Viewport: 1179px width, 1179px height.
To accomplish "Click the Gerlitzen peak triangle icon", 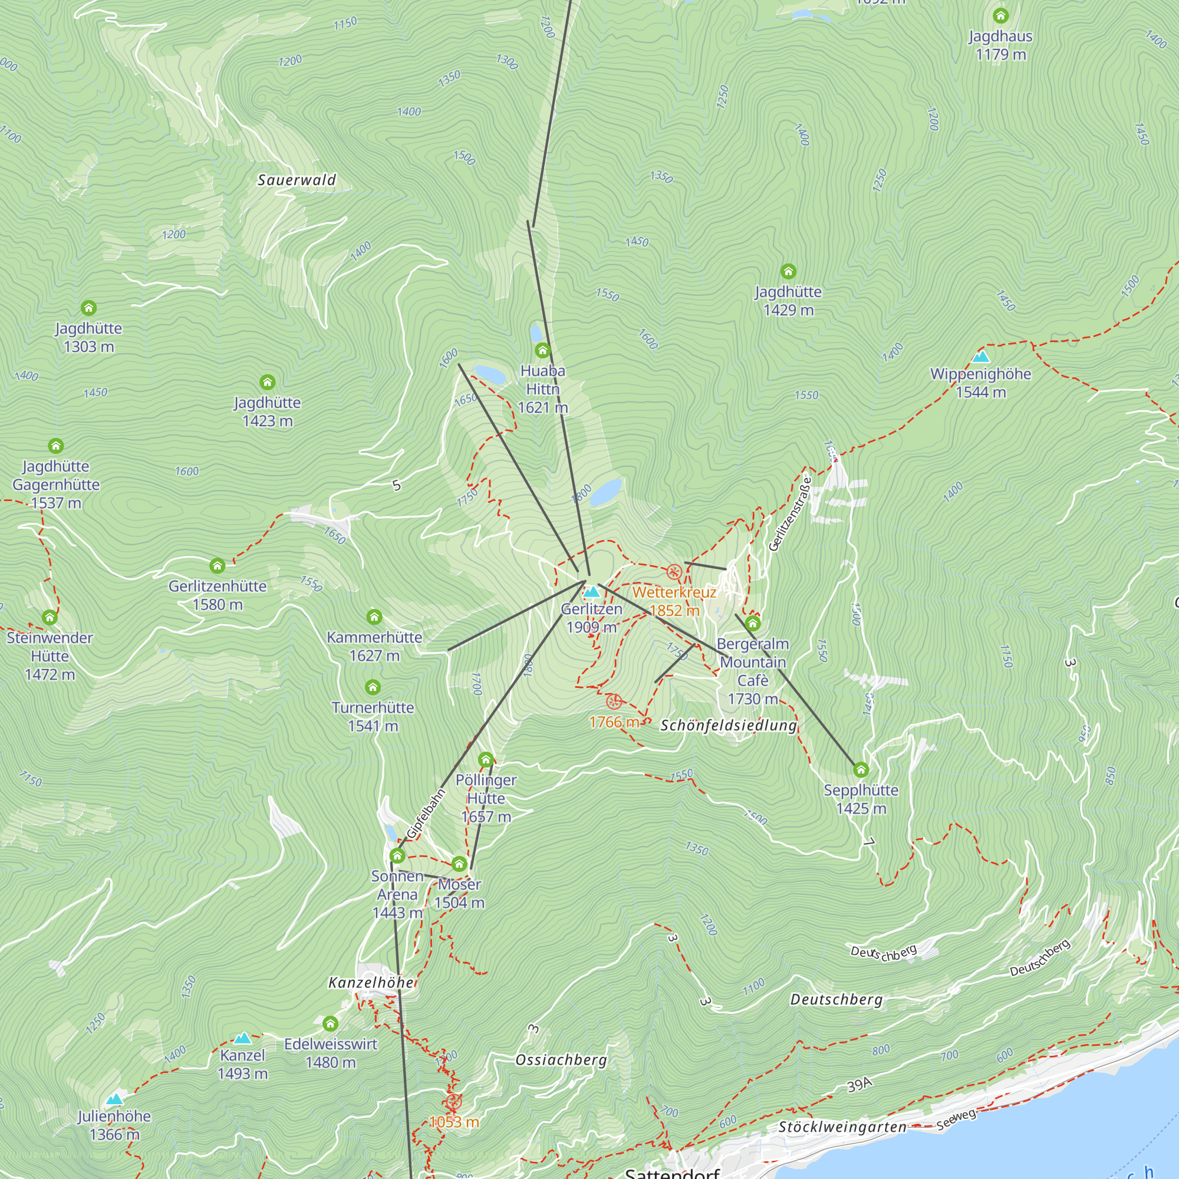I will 591,591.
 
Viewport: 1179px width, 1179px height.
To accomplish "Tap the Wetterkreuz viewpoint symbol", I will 674,572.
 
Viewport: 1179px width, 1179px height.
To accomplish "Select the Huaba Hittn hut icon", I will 542,350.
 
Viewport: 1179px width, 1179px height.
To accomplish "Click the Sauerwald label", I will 297,180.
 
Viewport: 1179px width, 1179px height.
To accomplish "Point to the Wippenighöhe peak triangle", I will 981,356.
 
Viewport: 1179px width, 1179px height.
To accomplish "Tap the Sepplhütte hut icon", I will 861,769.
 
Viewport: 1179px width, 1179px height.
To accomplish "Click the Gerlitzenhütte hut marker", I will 218,566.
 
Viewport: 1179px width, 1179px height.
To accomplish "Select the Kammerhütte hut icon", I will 374,617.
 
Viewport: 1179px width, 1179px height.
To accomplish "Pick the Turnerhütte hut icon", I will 372,687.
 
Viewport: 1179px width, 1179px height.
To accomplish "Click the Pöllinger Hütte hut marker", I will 486,760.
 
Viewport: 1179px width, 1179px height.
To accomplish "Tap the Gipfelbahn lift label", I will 426,814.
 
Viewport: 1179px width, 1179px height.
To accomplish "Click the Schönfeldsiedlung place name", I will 729,726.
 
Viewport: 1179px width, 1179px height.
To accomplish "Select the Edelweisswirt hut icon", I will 330,1023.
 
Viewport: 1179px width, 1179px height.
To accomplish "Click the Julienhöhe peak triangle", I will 114,1099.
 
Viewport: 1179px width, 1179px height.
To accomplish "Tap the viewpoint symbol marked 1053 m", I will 453,1102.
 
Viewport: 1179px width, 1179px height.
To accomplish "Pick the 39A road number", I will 859,1085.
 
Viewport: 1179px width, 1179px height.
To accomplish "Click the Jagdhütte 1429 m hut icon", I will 788,271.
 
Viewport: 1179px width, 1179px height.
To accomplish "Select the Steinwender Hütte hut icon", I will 50,618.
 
